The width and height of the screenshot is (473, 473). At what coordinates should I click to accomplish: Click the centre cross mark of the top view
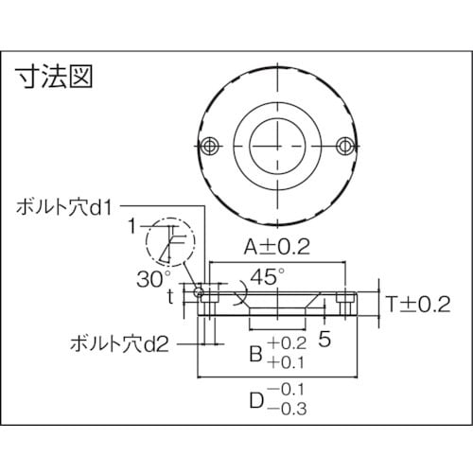[278, 143]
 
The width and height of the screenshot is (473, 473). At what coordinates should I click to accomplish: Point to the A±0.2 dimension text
[278, 249]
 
